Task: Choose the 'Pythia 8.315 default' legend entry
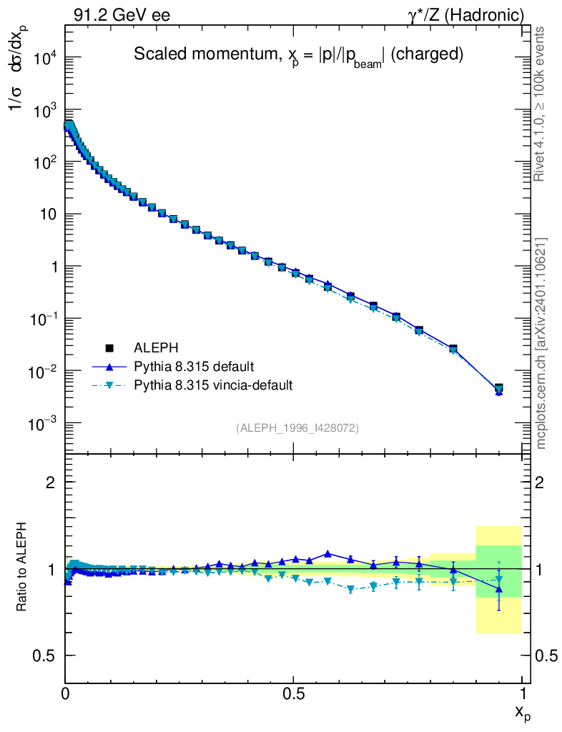[x=194, y=367]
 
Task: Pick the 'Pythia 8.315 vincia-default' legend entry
[x=213, y=385]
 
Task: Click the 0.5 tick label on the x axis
[x=294, y=693]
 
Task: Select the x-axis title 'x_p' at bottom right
[x=523, y=713]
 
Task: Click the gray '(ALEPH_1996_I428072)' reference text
[x=297, y=428]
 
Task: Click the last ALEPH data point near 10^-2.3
[x=498, y=388]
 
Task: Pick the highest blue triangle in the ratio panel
[x=327, y=553]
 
